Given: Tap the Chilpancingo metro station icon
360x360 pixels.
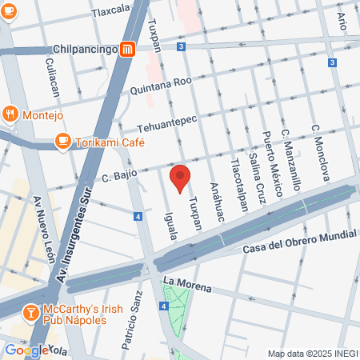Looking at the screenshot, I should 127,50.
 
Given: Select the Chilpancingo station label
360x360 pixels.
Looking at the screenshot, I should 86,49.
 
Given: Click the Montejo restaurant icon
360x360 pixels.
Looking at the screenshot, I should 10,114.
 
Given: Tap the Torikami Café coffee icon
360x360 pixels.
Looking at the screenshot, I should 62,141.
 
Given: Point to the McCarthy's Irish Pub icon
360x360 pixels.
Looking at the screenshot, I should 30,311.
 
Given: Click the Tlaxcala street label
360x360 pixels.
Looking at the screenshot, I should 111,11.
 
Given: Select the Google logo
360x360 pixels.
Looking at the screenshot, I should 26,350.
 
